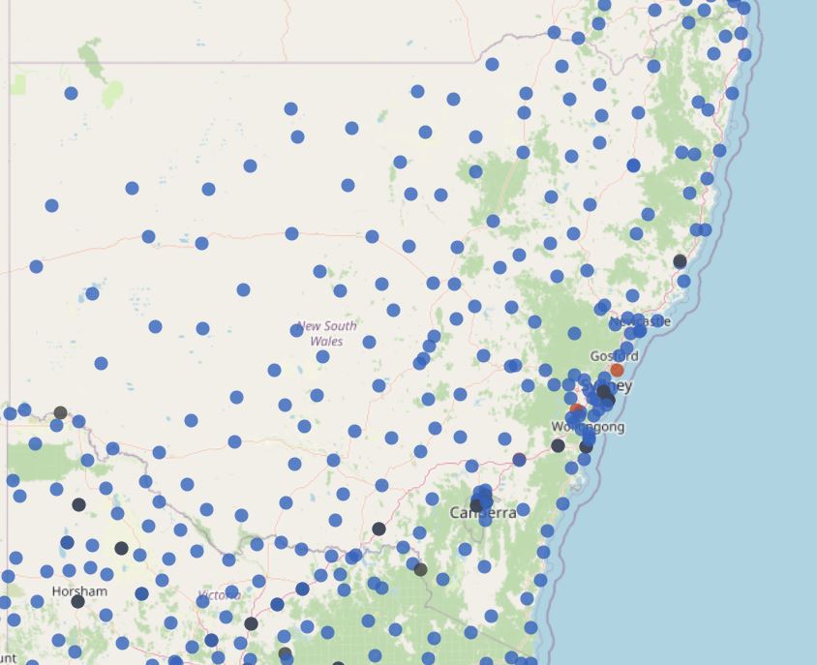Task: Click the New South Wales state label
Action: click(326, 333)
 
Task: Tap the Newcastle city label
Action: click(641, 320)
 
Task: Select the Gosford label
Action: click(614, 356)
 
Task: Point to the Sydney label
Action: click(610, 386)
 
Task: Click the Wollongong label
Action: click(588, 427)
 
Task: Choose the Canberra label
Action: click(483, 513)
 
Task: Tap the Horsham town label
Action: click(79, 590)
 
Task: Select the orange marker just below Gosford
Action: click(617, 370)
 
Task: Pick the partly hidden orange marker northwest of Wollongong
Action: click(577, 410)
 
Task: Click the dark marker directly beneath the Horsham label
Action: click(77, 602)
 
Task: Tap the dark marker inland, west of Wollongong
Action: click(558, 445)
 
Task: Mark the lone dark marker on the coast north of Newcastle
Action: click(680, 261)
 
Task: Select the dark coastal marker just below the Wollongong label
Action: click(586, 446)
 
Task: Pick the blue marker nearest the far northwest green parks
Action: click(71, 93)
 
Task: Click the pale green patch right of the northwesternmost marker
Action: click(112, 94)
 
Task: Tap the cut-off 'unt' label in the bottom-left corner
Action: click(8, 658)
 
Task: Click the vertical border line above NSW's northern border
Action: click(284, 29)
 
